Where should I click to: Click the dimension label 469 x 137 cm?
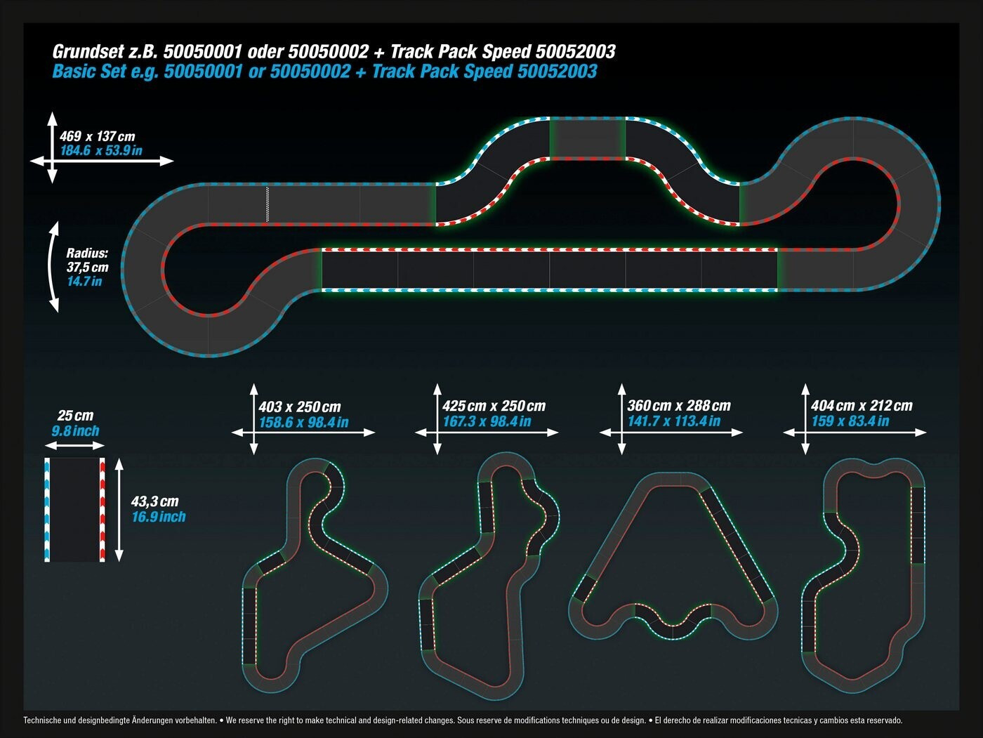point(97,136)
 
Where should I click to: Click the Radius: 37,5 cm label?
point(87,260)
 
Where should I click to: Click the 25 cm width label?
point(75,415)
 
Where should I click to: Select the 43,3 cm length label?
point(154,501)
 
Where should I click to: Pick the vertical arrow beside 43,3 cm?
point(119,509)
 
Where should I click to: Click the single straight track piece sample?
point(74,509)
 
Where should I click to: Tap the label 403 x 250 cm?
point(299,407)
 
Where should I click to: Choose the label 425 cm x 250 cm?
point(494,406)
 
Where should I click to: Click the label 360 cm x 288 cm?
point(678,406)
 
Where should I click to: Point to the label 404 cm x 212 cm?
point(862,405)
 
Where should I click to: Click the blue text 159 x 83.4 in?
point(850,421)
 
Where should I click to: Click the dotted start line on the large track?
point(267,204)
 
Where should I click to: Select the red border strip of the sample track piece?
point(102,509)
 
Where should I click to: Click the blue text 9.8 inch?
point(75,431)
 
